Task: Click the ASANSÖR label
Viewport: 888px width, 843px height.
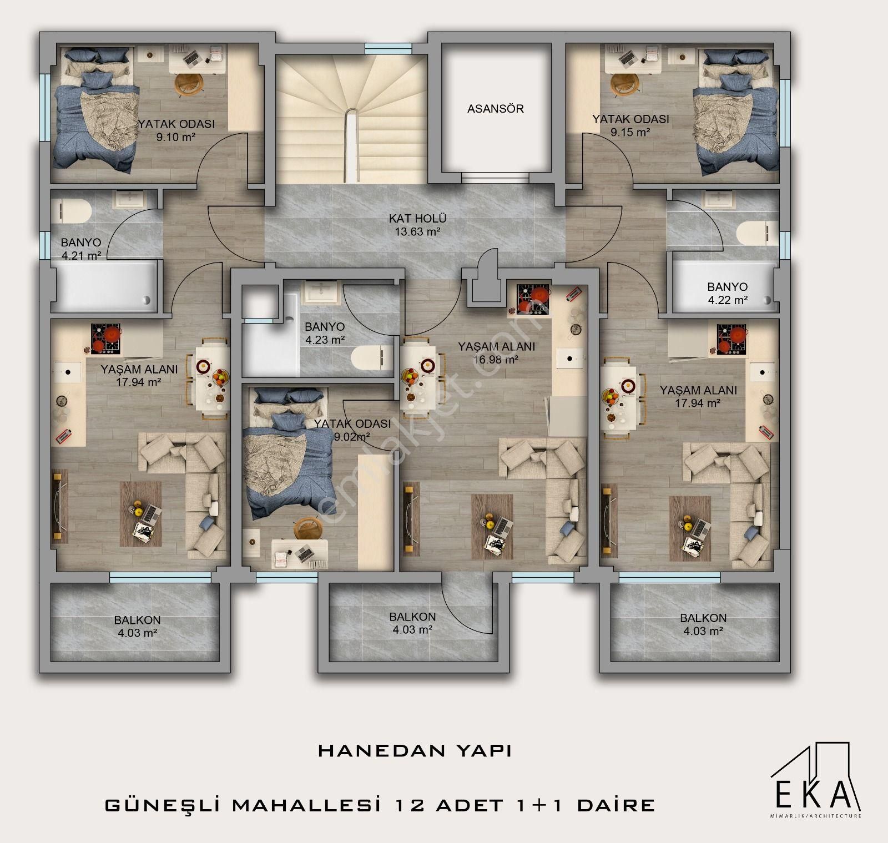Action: (x=495, y=109)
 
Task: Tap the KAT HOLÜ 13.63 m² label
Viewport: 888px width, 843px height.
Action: (x=417, y=225)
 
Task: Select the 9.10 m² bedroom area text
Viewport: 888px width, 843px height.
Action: (x=176, y=137)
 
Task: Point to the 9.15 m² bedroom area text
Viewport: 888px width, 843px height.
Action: (x=630, y=132)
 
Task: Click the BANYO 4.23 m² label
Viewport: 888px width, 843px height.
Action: (x=325, y=333)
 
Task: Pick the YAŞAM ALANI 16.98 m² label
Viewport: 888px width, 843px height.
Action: (x=496, y=352)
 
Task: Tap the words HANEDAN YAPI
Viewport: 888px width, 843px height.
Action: (x=415, y=751)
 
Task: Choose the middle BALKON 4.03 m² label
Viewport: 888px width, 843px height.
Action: (x=412, y=623)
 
